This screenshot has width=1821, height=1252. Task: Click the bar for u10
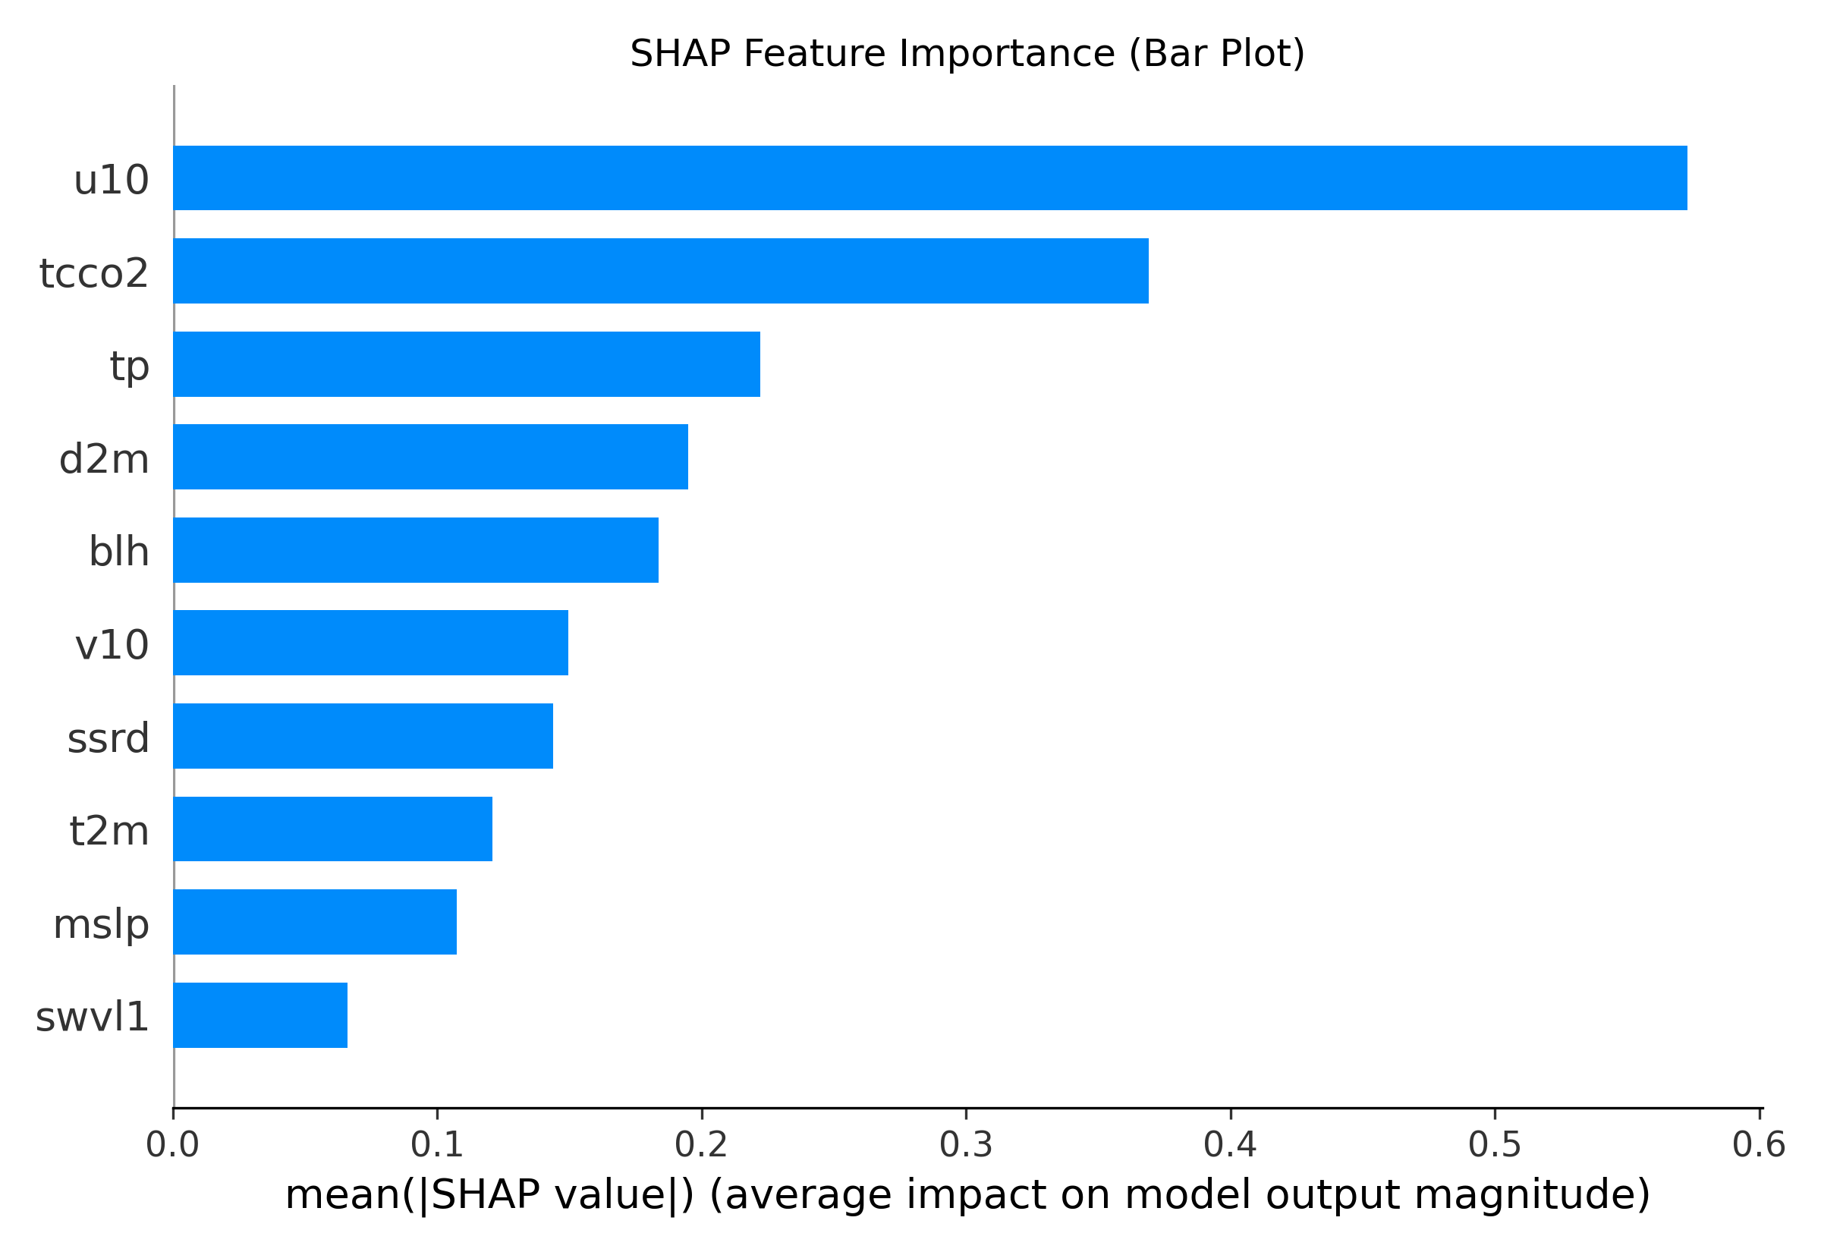(x=929, y=178)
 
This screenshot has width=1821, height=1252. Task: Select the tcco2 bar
(x=660, y=271)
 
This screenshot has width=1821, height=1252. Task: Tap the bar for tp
(x=467, y=364)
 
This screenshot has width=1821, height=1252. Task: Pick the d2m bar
(x=430, y=457)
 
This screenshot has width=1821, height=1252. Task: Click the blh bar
(x=416, y=550)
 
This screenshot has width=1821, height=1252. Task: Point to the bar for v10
(x=370, y=643)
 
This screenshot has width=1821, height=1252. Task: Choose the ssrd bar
(x=363, y=736)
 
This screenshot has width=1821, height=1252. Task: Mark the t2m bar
(x=332, y=829)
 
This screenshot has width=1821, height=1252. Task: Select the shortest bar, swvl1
(x=260, y=1015)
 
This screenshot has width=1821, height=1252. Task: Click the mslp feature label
(x=100, y=924)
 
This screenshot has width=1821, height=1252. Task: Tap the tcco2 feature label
(x=93, y=273)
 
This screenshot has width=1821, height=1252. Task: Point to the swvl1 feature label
(x=92, y=1018)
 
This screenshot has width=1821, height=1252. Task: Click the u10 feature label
(x=111, y=181)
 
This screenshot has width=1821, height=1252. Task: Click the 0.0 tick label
(x=172, y=1146)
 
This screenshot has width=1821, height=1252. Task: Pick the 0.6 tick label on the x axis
(x=1759, y=1146)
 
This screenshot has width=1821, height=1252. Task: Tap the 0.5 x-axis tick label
(x=1495, y=1146)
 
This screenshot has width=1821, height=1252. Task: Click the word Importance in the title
(x=1006, y=54)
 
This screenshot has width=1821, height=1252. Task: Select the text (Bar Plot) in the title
(x=1216, y=54)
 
